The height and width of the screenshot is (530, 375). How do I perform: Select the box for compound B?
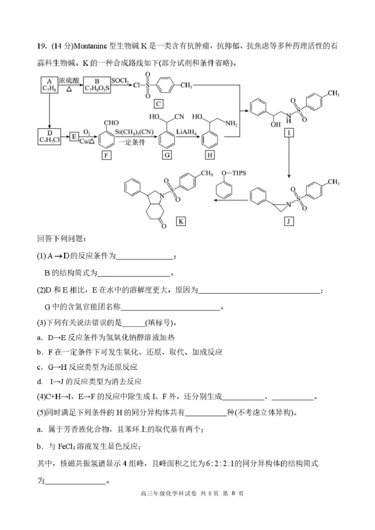[x=97, y=84]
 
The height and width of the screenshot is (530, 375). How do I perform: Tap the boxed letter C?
[x=159, y=104]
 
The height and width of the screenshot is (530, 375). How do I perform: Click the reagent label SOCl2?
[x=120, y=81]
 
